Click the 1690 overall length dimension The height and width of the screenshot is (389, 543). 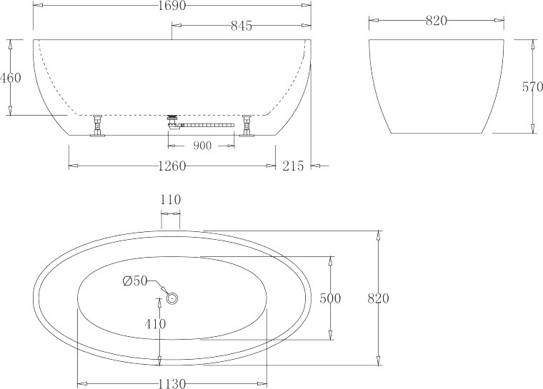pyautogui.click(x=172, y=5)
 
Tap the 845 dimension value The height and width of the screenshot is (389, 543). pyautogui.click(x=241, y=26)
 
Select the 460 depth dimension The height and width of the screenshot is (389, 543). pyautogui.click(x=11, y=78)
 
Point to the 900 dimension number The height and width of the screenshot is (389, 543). pyautogui.click(x=202, y=146)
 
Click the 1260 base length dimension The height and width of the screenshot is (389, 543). pyautogui.click(x=172, y=166)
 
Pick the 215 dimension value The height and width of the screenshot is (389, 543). pyautogui.click(x=293, y=166)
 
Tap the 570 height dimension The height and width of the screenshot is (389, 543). pyautogui.click(x=532, y=87)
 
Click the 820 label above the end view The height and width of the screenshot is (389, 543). pyautogui.click(x=437, y=21)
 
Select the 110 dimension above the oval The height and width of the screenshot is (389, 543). pyautogui.click(x=171, y=200)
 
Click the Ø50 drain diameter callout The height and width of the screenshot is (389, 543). pyautogui.click(x=135, y=281)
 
